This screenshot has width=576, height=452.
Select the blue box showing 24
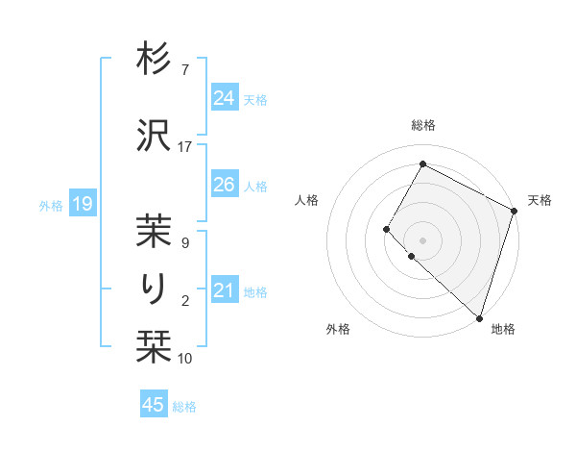[x=224, y=98]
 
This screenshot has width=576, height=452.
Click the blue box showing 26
[x=224, y=185]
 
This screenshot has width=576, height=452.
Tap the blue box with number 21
[x=224, y=290]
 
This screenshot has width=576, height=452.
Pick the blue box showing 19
[x=82, y=204]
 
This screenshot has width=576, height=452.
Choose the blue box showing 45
[x=154, y=405]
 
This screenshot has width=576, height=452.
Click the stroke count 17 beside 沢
[x=185, y=147]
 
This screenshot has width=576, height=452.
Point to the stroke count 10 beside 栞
[x=185, y=359]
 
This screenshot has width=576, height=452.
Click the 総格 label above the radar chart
[x=423, y=126]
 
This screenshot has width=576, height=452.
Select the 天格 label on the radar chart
[x=540, y=200]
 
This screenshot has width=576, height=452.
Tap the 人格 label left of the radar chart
[x=307, y=200]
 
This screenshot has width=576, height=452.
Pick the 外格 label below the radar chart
[x=338, y=329]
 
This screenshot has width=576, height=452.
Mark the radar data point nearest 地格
[x=479, y=317]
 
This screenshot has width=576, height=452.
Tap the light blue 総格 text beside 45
[x=184, y=406]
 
